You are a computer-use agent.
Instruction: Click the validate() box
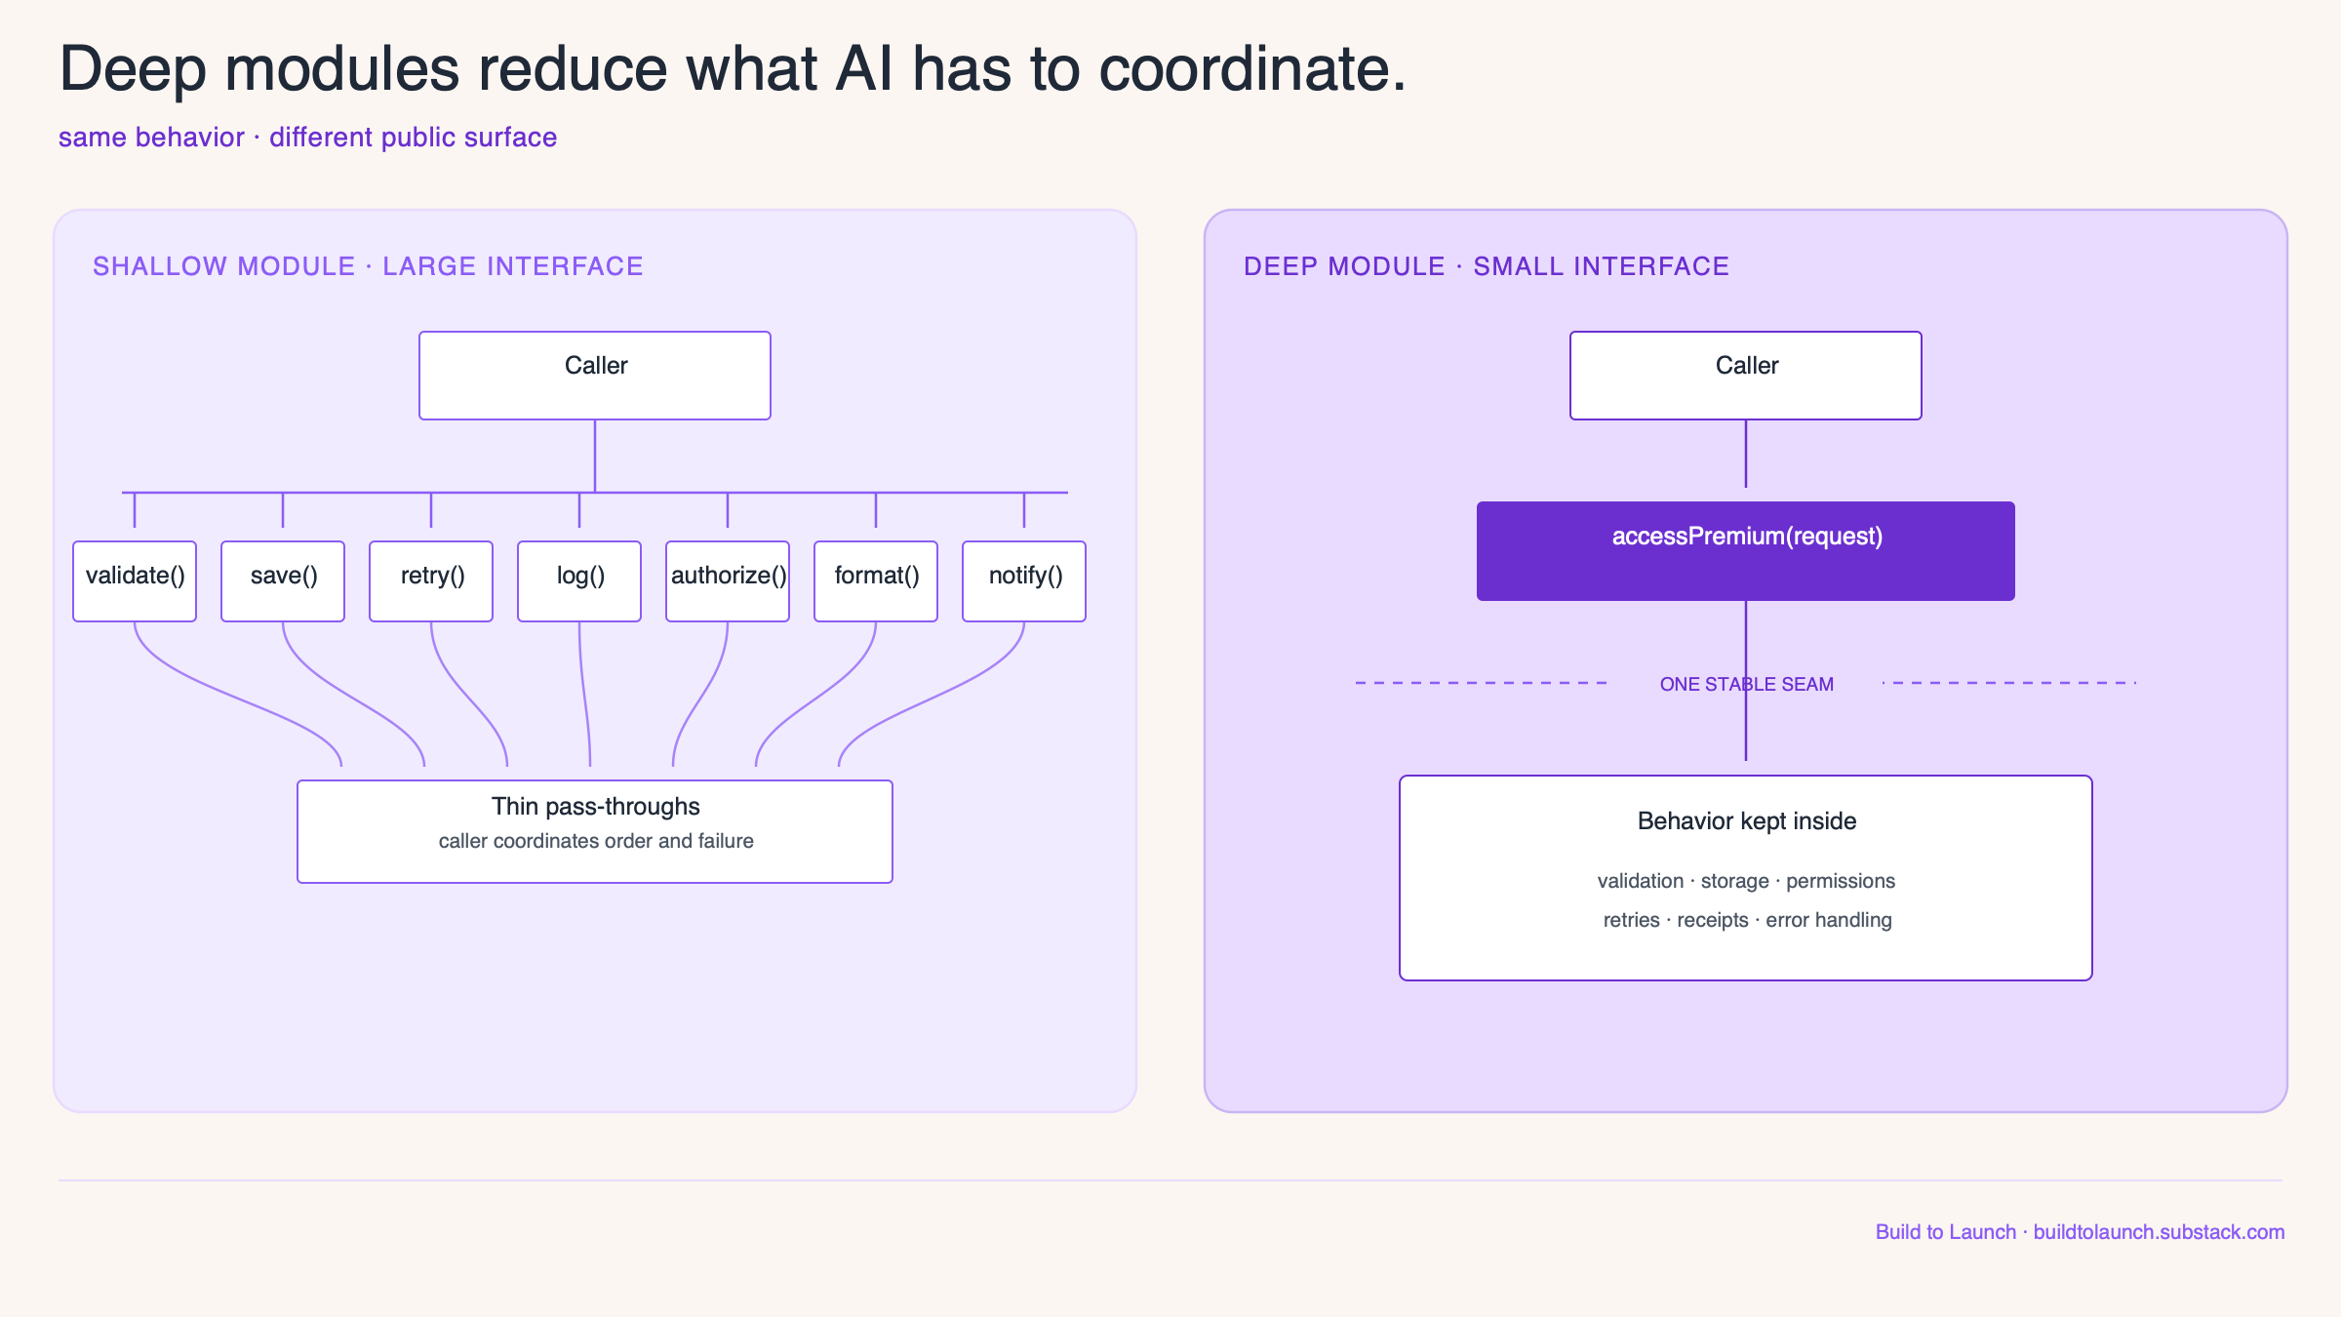click(x=135, y=581)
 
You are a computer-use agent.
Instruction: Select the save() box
click(x=283, y=581)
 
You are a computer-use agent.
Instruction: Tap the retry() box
click(x=431, y=581)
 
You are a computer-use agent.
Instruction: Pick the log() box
click(x=579, y=581)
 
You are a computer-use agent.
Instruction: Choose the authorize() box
click(x=728, y=581)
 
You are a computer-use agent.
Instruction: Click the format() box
click(x=876, y=581)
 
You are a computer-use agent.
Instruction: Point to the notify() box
click(x=1024, y=581)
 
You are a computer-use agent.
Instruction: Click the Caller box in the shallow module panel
click(x=595, y=376)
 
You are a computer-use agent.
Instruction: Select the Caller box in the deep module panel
click(x=1746, y=376)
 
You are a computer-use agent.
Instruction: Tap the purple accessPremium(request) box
click(x=1746, y=551)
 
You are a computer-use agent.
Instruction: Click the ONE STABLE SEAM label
click(x=1747, y=684)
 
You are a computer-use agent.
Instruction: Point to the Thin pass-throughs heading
click(x=596, y=807)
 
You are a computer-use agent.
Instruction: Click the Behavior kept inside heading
click(x=1747, y=821)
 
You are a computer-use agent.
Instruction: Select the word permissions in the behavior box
click(x=1841, y=881)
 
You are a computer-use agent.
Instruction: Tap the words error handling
click(x=1829, y=920)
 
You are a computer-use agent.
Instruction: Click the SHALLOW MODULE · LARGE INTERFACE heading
click(x=368, y=266)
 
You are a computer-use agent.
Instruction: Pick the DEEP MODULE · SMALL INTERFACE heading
click(x=1487, y=266)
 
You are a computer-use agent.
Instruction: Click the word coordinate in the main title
click(x=1252, y=70)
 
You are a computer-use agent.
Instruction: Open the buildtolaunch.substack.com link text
click(x=2159, y=1232)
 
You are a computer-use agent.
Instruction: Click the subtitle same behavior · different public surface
click(x=307, y=138)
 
